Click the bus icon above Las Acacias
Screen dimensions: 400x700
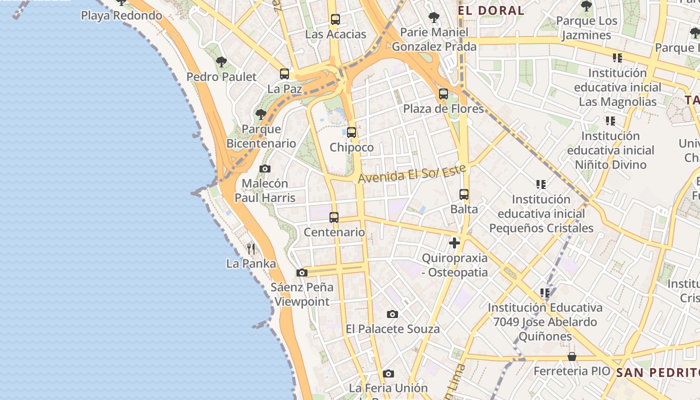pyautogui.click(x=335, y=20)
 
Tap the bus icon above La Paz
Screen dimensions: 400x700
pyautogui.click(x=284, y=74)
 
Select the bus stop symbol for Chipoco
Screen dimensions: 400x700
pyautogui.click(x=351, y=132)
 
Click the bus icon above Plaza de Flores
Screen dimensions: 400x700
pyautogui.click(x=443, y=94)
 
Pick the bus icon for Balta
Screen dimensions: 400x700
pyautogui.click(x=464, y=194)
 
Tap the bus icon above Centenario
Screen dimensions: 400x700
pyautogui.click(x=334, y=217)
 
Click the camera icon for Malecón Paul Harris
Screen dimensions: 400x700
pyautogui.click(x=265, y=169)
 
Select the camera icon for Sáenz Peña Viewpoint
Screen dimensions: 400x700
pyautogui.click(x=302, y=273)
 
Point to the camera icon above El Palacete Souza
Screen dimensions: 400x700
pyautogui.click(x=392, y=314)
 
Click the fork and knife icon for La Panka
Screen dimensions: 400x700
pyautogui.click(x=251, y=248)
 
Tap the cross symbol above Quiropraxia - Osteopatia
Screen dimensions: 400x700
pyautogui.click(x=454, y=243)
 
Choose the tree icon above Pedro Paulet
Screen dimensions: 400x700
pyautogui.click(x=221, y=62)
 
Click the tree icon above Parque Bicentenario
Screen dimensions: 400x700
pyautogui.click(x=261, y=114)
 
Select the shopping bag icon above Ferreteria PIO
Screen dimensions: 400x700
pyautogui.click(x=572, y=356)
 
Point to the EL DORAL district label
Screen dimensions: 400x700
pyautogui.click(x=491, y=10)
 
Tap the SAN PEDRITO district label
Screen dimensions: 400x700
pyautogui.click(x=657, y=372)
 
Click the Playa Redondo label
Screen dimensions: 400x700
pyautogui.click(x=121, y=15)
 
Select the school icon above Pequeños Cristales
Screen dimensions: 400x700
pyautogui.click(x=541, y=184)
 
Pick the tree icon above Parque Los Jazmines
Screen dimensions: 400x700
pyautogui.click(x=586, y=6)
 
